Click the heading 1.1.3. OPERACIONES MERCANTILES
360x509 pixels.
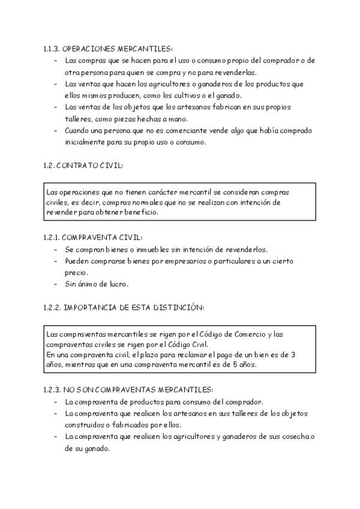point(108,48)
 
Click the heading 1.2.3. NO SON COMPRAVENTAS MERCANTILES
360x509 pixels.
point(128,390)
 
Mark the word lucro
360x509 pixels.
point(118,284)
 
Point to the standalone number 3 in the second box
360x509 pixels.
point(292,355)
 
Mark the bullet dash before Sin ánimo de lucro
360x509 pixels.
point(56,284)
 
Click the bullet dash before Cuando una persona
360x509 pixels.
point(56,130)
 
